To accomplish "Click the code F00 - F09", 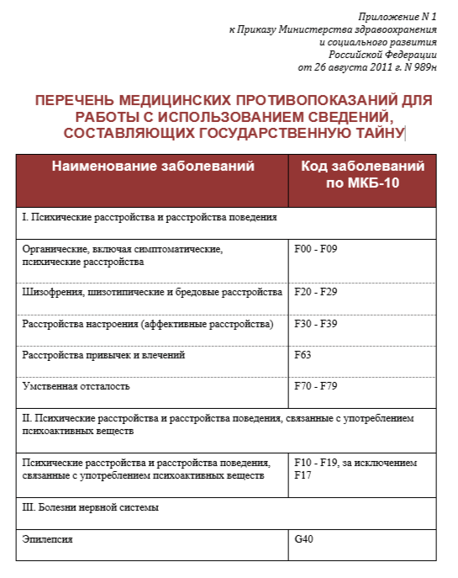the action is [x=315, y=250].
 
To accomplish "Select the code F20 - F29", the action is [x=315, y=292].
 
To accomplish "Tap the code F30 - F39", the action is [x=315, y=324].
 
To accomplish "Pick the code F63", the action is [x=303, y=355].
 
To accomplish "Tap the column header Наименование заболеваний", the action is [x=153, y=167].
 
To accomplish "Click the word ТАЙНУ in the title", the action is [x=377, y=133].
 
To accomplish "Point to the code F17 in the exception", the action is [x=303, y=475].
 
